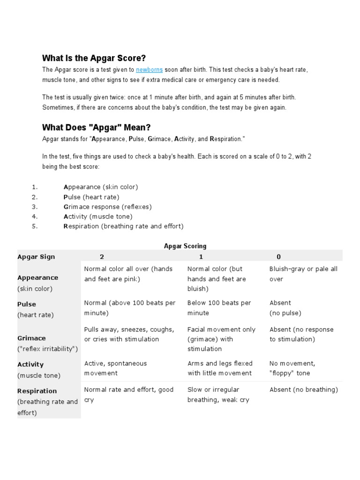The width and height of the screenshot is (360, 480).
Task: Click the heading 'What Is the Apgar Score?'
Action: tap(94, 58)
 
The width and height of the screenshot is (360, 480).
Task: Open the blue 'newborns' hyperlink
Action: tap(149, 70)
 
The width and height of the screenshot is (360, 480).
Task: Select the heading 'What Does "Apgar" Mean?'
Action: tap(96, 127)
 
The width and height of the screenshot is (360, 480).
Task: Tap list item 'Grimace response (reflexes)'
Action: tap(107, 207)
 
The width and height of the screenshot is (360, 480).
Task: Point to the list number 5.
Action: tap(34, 226)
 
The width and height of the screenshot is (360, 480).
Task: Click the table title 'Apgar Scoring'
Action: tap(185, 246)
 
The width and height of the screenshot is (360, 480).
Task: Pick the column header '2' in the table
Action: tap(102, 257)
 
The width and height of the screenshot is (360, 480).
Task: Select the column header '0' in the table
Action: tap(278, 257)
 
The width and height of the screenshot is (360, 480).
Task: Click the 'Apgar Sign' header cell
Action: tap(36, 257)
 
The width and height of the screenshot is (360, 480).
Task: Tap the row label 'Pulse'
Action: tap(27, 304)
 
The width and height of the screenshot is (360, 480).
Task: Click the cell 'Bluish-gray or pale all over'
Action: tap(303, 274)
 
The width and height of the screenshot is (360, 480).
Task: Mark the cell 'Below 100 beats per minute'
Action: tap(219, 308)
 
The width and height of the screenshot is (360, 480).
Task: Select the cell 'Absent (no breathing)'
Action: tap(303, 390)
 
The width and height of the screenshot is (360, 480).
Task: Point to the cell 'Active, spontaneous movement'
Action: tap(115, 368)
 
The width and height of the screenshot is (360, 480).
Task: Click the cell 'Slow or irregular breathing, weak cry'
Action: tap(218, 395)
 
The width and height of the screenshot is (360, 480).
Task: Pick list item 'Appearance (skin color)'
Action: tap(100, 187)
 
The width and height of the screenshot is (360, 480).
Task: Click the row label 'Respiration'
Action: tap(37, 391)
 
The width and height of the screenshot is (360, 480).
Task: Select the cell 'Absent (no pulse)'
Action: tap(285, 308)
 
